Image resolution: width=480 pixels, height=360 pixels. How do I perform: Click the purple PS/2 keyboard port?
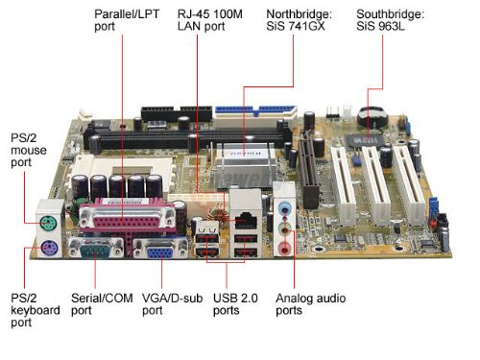(x=49, y=252)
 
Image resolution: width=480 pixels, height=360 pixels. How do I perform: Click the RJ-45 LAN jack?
(x=243, y=204)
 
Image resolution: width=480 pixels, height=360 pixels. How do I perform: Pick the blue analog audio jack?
(x=284, y=206)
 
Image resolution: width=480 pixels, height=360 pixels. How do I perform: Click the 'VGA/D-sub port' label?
(x=167, y=305)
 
